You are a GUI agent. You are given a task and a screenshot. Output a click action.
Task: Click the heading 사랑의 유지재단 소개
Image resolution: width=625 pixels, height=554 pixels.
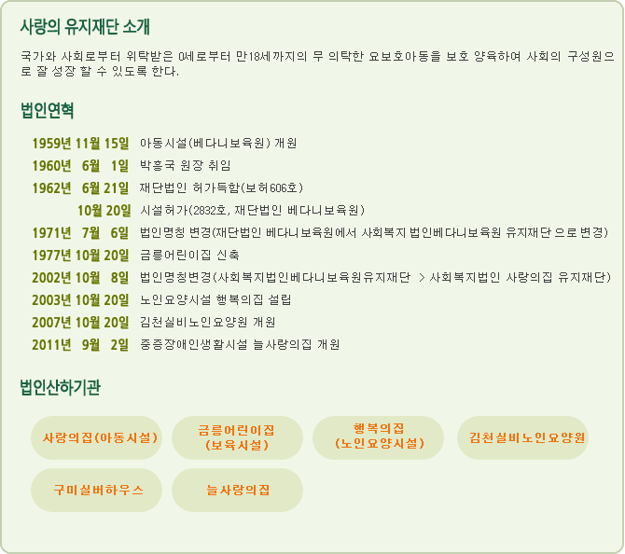[x=85, y=27]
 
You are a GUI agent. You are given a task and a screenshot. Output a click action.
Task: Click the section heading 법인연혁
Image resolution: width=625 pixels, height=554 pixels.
[x=47, y=110]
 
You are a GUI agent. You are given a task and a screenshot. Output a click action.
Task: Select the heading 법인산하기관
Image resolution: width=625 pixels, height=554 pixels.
[x=61, y=387]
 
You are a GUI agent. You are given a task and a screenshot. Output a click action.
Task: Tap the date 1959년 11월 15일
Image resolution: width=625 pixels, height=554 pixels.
[x=80, y=144]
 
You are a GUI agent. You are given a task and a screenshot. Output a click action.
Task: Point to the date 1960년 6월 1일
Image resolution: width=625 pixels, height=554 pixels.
[x=80, y=166]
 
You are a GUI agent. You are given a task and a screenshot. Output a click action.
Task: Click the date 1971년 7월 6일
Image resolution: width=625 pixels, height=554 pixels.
[x=80, y=233]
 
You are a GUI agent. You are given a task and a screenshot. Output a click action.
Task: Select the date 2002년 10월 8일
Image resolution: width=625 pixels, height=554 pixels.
[x=80, y=277]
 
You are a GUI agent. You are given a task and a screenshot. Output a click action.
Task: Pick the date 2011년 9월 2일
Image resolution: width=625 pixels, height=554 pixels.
[x=80, y=345]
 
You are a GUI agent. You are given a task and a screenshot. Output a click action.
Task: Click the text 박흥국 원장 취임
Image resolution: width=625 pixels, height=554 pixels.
[x=186, y=165]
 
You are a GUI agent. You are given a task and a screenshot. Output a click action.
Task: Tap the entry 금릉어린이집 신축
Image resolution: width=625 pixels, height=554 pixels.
[x=189, y=255]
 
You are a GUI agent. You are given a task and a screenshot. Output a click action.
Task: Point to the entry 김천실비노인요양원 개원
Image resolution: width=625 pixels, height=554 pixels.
[x=208, y=322]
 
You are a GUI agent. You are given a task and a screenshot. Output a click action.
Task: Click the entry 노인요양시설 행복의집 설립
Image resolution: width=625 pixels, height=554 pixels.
[x=215, y=299]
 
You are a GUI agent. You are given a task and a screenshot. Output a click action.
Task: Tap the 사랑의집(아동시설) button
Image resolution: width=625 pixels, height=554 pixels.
[x=96, y=438]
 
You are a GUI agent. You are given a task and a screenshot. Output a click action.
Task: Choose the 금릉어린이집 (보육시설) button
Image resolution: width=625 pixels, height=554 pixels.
[x=237, y=438]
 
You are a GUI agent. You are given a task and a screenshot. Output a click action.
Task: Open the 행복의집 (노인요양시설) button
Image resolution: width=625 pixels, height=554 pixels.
[x=379, y=438]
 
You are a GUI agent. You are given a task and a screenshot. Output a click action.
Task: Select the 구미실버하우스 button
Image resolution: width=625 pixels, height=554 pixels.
[x=96, y=491]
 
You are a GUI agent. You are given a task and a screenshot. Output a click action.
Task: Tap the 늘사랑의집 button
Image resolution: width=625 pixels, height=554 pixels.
[x=237, y=491]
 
